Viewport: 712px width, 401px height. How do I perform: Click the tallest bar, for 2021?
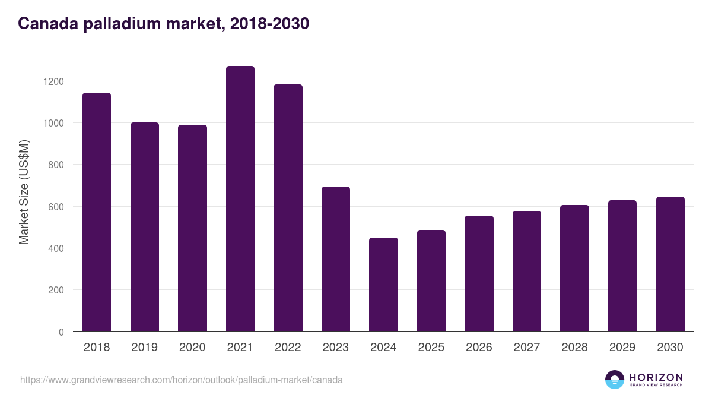click(240, 199)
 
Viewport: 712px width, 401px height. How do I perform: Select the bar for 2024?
click(383, 285)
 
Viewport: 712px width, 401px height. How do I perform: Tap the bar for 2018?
click(97, 212)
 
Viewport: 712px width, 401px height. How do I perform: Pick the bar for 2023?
click(335, 259)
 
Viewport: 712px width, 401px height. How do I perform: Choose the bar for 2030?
click(670, 264)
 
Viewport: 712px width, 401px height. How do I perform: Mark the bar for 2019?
click(144, 227)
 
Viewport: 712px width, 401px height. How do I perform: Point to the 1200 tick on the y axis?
click(57, 81)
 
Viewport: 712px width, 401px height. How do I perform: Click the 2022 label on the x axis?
click(288, 348)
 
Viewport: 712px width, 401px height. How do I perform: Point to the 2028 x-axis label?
click(574, 348)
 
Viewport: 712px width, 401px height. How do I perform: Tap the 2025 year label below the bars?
click(431, 348)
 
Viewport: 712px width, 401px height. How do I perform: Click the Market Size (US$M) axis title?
click(24, 192)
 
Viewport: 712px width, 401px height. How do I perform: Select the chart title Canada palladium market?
click(163, 24)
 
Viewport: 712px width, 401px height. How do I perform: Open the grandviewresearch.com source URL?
click(181, 380)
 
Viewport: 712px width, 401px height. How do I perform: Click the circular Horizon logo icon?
click(615, 380)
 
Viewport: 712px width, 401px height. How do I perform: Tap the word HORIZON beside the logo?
click(656, 377)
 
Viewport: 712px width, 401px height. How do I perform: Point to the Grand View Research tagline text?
click(656, 386)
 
